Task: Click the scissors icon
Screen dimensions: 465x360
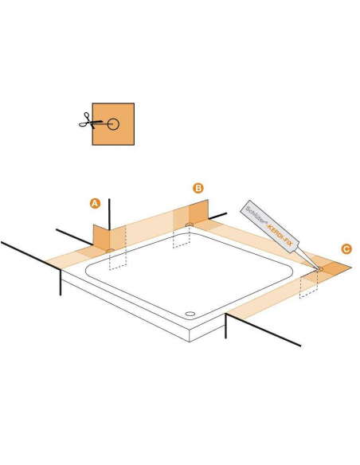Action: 85,123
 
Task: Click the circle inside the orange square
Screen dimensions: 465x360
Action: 114,124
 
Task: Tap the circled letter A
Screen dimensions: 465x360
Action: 95,204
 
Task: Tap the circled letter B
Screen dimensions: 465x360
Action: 198,188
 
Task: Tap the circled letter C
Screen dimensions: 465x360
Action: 346,248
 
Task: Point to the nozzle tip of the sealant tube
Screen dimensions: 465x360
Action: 317,268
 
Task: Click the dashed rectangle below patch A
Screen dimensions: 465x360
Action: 117,262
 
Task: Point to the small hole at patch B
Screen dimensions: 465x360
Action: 188,225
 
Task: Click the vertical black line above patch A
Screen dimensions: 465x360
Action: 108,210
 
